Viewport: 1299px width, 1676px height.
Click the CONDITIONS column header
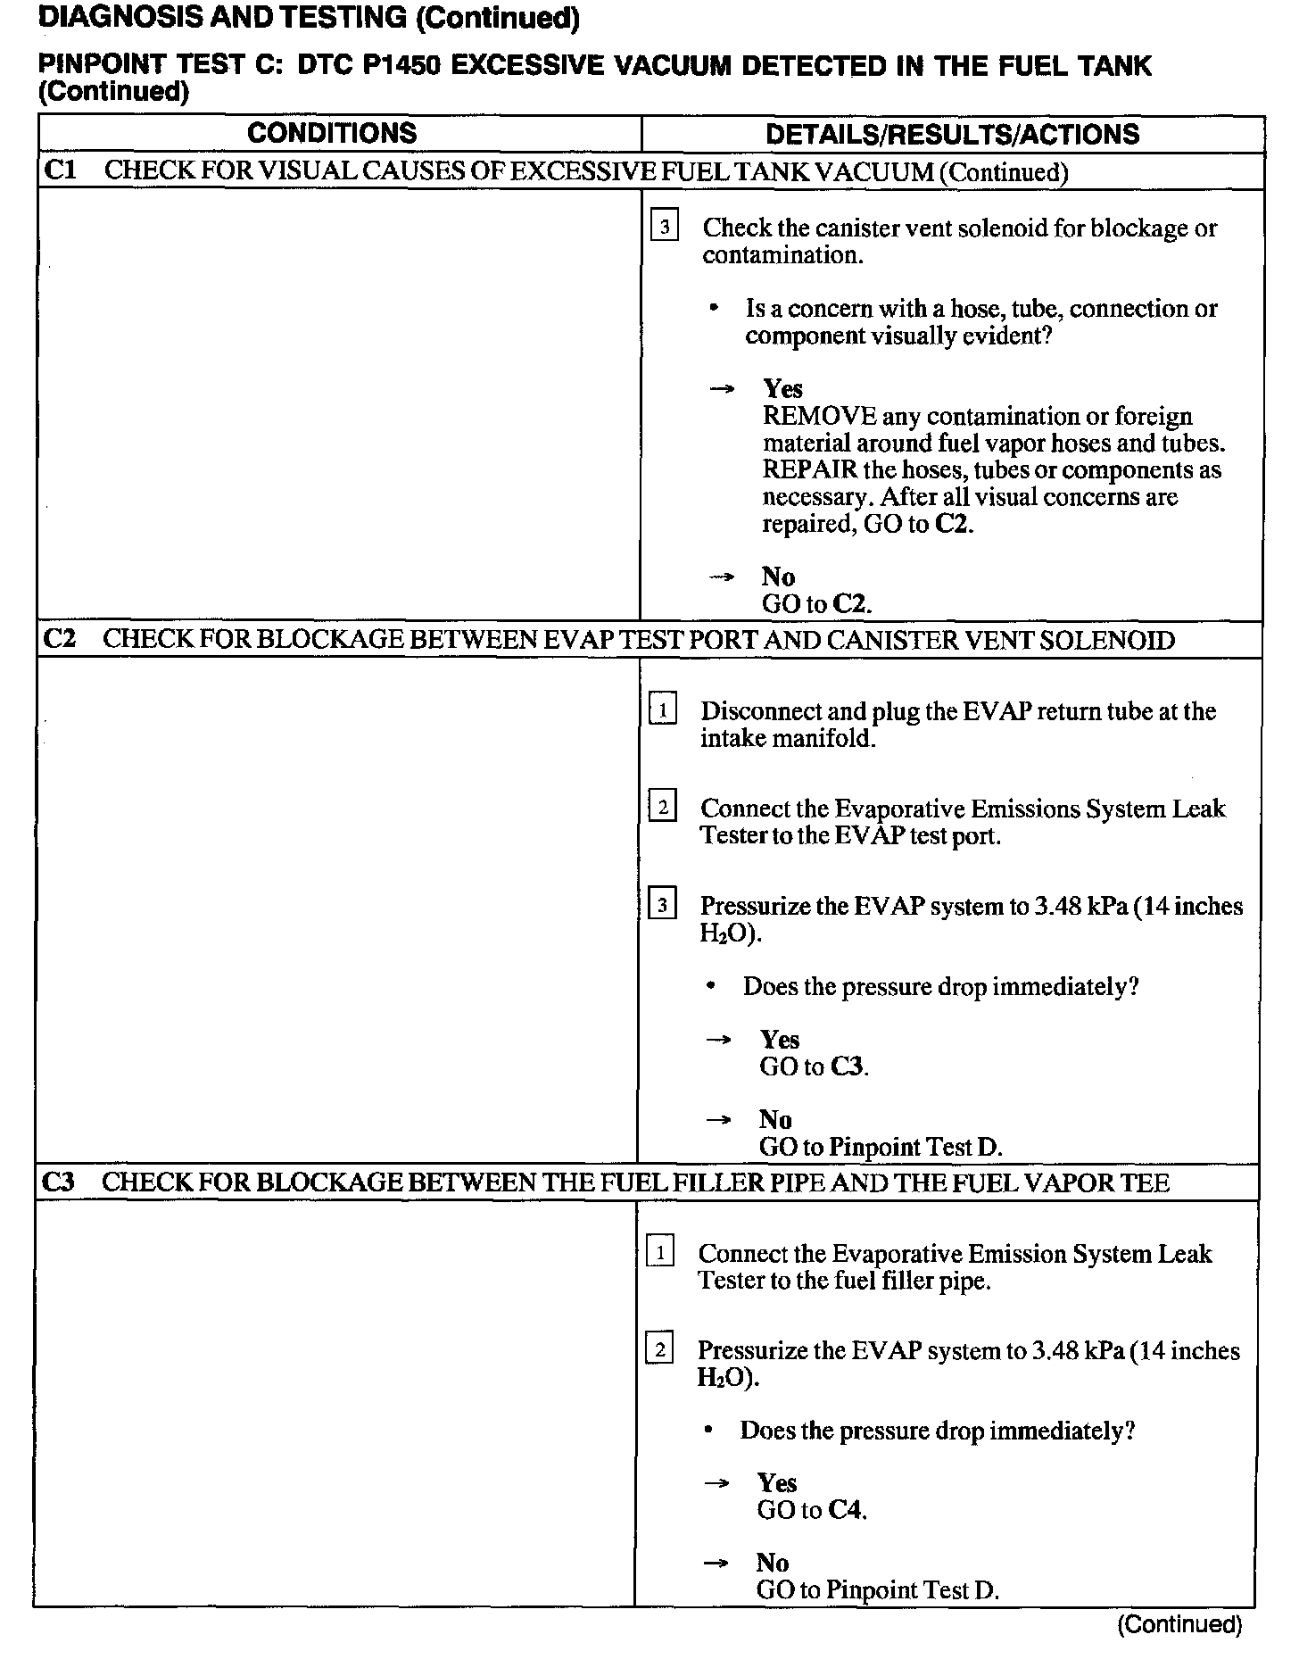pyautogui.click(x=332, y=134)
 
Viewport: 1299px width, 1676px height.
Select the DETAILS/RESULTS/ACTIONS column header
pyautogui.click(x=952, y=135)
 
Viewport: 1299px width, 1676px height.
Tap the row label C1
pyautogui.click(x=60, y=170)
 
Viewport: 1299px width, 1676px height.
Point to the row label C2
pyautogui.click(x=59, y=640)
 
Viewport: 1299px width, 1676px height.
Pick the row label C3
pyautogui.click(x=59, y=1182)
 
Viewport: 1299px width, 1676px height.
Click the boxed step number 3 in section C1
pyautogui.click(x=665, y=228)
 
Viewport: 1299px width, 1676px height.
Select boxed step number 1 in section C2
pyautogui.click(x=662, y=711)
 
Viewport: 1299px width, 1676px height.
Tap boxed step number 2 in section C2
pyautogui.click(x=662, y=809)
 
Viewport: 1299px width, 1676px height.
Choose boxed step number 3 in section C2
pyautogui.click(x=662, y=906)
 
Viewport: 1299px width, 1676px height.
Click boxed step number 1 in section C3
pyautogui.click(x=660, y=1253)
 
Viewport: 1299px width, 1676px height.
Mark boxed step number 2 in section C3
pyautogui.click(x=659, y=1350)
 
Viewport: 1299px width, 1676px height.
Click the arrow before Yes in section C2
pyautogui.click(x=719, y=1040)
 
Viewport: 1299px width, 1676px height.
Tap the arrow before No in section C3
pyautogui.click(x=716, y=1564)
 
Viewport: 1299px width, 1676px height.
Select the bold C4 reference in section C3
pyautogui.click(x=845, y=1510)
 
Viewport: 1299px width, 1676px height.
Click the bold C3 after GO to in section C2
pyautogui.click(x=848, y=1066)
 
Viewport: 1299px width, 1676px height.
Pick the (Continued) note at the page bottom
pyautogui.click(x=1179, y=1624)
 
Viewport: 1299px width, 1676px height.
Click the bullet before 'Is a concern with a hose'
pyautogui.click(x=713, y=309)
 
